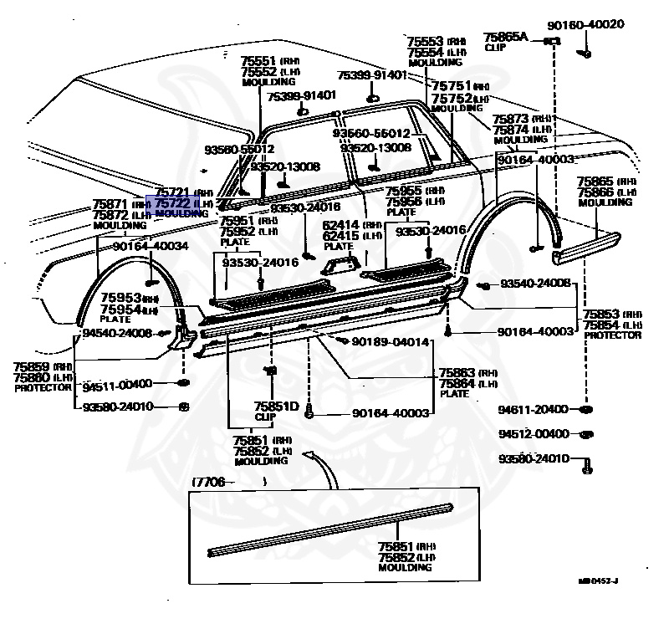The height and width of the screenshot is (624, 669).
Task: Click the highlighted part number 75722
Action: [x=174, y=203]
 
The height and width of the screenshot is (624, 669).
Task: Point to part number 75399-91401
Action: [x=372, y=75]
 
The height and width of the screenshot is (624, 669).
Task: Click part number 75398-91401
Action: [x=301, y=96]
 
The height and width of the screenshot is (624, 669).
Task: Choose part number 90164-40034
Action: [x=151, y=246]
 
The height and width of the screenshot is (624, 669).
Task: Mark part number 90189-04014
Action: [x=390, y=342]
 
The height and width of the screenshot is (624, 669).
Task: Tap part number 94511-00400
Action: [x=117, y=384]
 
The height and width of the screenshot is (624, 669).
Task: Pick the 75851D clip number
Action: [x=276, y=407]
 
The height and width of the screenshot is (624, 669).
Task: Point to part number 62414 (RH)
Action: [x=340, y=225]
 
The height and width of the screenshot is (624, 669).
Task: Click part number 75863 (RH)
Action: [x=457, y=372]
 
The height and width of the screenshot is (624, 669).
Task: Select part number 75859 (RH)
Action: [x=31, y=366]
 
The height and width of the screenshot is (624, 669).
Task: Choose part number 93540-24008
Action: [x=535, y=284]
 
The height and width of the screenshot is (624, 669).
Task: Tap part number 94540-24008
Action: [x=117, y=333]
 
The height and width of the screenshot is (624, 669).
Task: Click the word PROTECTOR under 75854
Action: [x=613, y=335]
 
